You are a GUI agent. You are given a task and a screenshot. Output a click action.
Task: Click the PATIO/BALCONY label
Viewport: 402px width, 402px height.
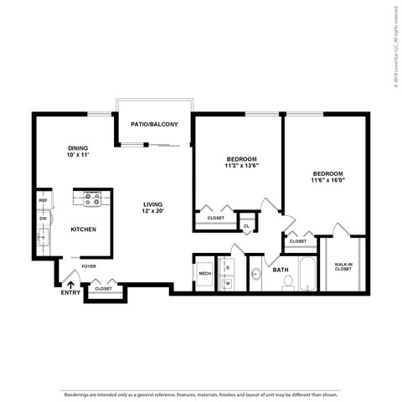(x=155, y=125)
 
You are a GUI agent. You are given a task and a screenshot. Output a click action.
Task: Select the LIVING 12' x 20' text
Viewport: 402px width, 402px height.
(x=152, y=208)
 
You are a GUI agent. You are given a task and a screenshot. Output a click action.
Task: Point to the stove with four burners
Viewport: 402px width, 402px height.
(x=92, y=200)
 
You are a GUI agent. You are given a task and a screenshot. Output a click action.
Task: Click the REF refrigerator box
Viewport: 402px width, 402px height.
(x=43, y=200)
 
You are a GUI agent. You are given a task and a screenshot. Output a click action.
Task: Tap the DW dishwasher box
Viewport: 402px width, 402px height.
(x=43, y=219)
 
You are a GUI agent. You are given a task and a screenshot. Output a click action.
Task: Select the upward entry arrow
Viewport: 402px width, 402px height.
(x=70, y=285)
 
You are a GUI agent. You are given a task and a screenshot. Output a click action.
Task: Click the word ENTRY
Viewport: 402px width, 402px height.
(x=70, y=294)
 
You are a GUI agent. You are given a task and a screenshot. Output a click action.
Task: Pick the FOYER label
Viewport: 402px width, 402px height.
(x=89, y=266)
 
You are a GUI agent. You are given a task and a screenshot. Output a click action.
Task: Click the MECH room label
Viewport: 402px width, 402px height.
(x=204, y=273)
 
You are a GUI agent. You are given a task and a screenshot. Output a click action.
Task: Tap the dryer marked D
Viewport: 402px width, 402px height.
(x=228, y=267)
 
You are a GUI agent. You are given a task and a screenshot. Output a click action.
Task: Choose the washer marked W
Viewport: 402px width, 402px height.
(x=228, y=283)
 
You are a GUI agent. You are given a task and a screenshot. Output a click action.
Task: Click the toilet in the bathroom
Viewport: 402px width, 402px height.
(x=287, y=282)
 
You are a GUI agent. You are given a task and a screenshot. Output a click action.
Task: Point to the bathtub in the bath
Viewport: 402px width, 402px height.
(x=307, y=275)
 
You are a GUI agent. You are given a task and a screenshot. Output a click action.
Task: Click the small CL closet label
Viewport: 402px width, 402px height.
(x=247, y=225)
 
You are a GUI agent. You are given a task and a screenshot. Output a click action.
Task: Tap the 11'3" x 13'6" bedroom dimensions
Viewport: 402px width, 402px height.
(x=241, y=166)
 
